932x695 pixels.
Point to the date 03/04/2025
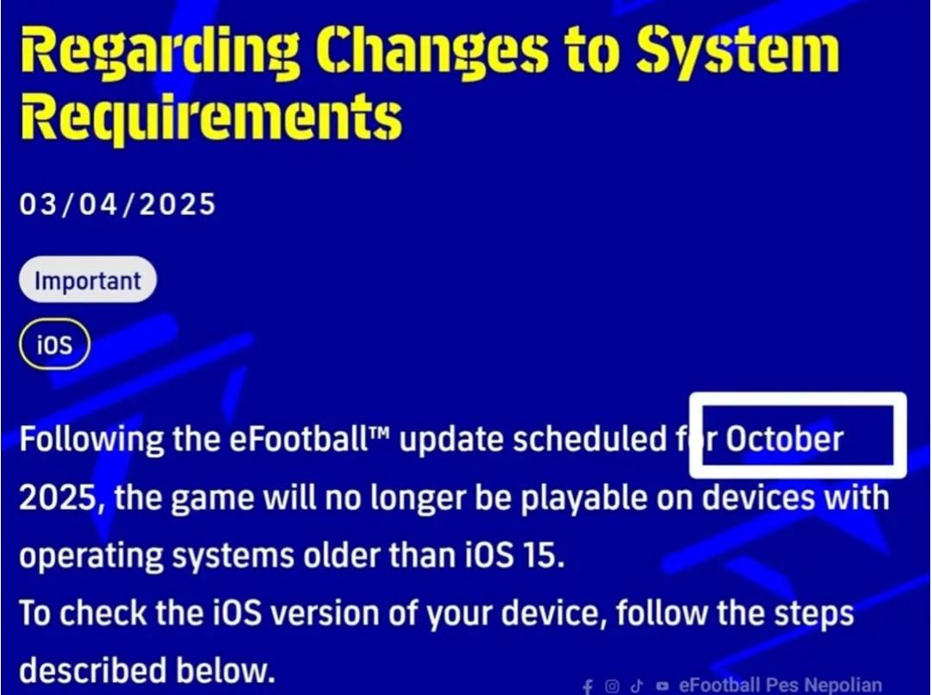[117, 204]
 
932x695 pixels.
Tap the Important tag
[88, 279]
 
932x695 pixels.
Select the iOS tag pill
[54, 345]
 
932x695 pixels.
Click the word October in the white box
[784, 439]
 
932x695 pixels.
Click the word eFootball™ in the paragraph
[308, 439]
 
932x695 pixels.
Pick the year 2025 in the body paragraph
[58, 498]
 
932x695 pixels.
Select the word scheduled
[589, 439]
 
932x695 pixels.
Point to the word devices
[759, 498]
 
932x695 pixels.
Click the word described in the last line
[93, 670]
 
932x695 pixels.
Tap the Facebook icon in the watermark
[588, 686]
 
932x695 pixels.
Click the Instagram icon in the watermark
[612, 686]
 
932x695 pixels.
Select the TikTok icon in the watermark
[637, 686]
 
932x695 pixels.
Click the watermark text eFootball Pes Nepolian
[780, 685]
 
